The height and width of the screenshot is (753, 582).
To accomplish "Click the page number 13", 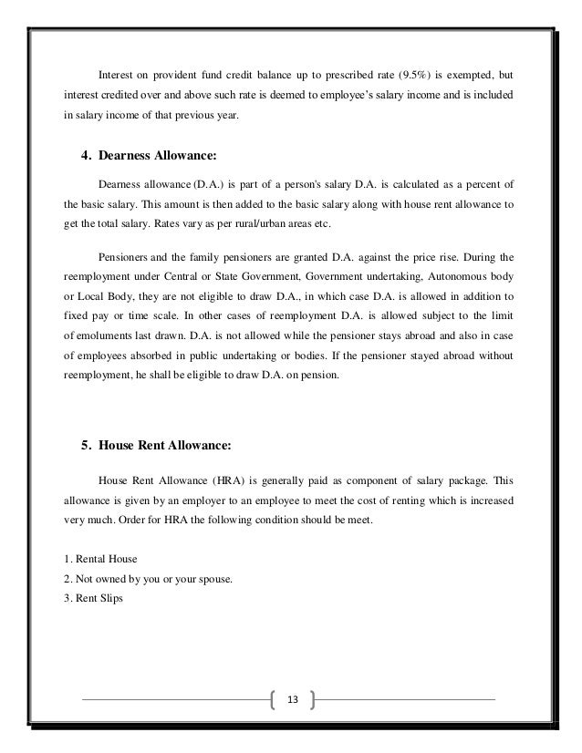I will coord(292,700).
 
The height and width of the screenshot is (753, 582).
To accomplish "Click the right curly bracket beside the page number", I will coord(312,700).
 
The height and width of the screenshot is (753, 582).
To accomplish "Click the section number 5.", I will coord(87,446).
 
